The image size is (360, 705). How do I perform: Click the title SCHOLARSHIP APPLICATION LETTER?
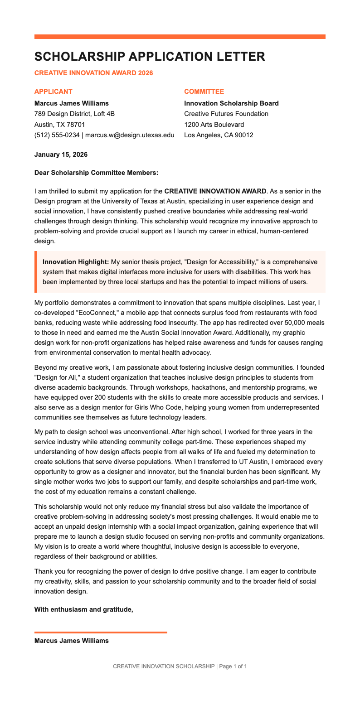coord(150,57)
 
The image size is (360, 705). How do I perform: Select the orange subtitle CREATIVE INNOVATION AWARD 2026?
coord(93,73)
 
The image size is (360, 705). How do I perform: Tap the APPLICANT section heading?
coord(53,92)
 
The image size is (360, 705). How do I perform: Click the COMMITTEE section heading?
coord(204,92)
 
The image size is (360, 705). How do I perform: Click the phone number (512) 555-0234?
coord(57,135)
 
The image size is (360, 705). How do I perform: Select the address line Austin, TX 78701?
coord(59,125)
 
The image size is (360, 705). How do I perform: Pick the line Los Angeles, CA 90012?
coord(219,135)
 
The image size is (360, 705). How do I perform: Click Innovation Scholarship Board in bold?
coord(231,103)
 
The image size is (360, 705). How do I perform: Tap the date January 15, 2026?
coord(61,155)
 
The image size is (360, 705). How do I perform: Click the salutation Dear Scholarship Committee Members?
coord(96,172)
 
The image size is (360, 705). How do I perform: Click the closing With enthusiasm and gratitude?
coord(84,609)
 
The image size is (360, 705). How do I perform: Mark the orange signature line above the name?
coord(101,632)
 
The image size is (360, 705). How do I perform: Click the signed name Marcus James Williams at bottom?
coord(72,641)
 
